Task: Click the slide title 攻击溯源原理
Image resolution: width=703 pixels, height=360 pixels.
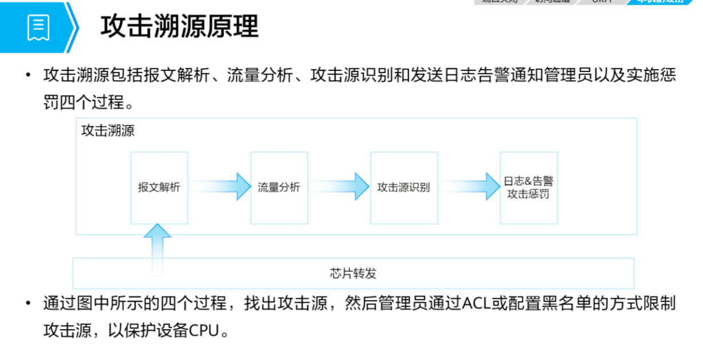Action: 179,27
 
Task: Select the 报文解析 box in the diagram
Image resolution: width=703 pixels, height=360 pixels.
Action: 159,187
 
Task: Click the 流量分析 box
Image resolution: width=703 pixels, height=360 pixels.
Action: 279,187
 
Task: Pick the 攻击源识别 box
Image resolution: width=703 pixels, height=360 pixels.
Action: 404,187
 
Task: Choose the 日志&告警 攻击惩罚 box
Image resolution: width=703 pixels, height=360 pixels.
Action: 528,187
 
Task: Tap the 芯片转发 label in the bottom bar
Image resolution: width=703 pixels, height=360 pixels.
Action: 353,273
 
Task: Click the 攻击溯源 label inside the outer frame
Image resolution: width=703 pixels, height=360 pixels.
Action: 108,130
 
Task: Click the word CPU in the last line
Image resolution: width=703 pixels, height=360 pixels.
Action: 203,331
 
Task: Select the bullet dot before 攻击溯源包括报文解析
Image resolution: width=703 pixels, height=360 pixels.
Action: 27,76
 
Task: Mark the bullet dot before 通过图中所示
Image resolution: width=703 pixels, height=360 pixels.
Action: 27,304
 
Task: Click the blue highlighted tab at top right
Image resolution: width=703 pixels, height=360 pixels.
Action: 664,2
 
